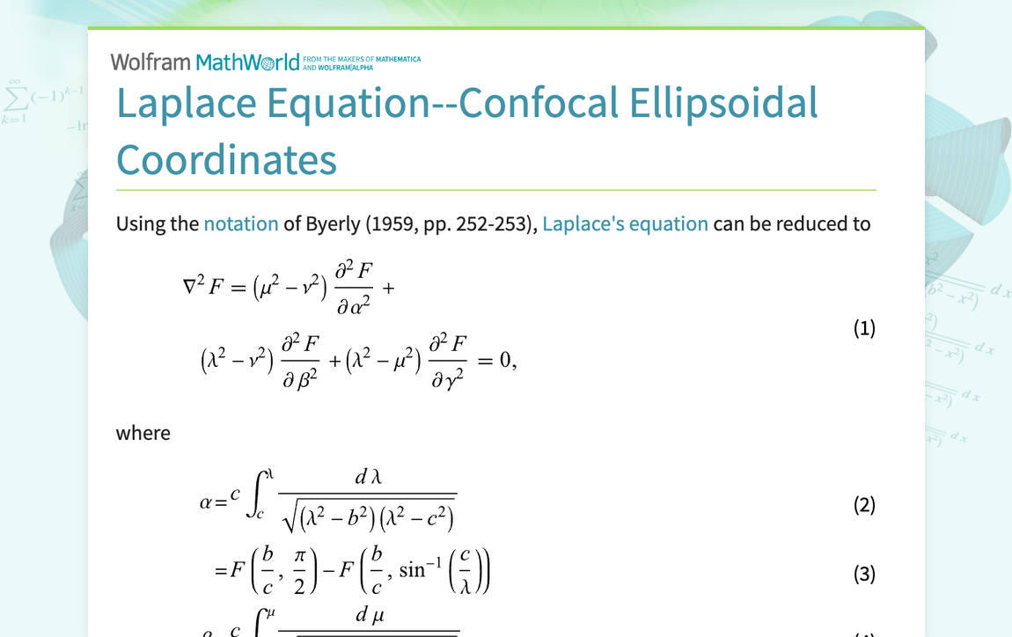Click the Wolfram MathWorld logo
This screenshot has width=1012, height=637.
[204, 62]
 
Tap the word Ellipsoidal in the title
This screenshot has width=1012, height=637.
[723, 104]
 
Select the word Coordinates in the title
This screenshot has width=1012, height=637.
[226, 160]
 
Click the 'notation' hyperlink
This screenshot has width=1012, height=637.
[240, 223]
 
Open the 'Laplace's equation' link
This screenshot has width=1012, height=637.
[625, 223]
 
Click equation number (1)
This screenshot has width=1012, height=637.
[864, 328]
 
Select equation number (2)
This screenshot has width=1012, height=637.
[864, 505]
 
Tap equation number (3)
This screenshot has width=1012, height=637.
[864, 574]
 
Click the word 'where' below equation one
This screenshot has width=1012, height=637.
[143, 433]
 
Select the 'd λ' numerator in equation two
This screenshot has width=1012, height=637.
[367, 478]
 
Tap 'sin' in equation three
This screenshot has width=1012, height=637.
[411, 571]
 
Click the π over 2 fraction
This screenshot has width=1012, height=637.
[299, 573]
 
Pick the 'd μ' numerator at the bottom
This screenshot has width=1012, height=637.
[369, 615]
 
